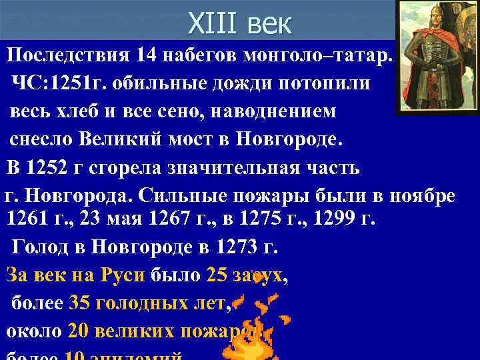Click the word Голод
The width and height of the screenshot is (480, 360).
point(40,247)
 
